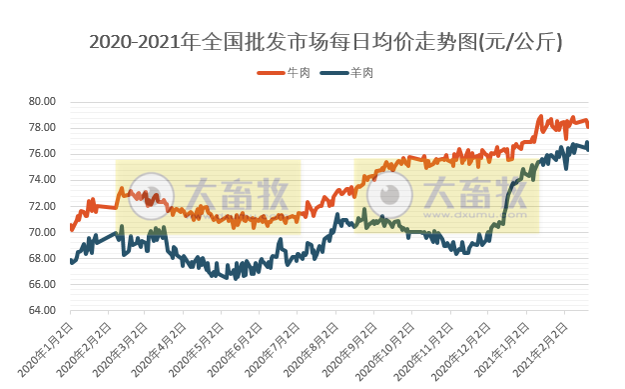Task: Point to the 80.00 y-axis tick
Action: coord(41,102)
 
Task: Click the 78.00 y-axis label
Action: coord(41,128)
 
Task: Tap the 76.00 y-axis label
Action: coord(41,154)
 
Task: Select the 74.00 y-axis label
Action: coord(41,180)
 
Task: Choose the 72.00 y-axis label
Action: coord(41,206)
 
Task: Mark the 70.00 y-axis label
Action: coord(41,232)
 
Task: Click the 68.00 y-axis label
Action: coord(41,258)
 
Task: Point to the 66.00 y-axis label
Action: coord(41,284)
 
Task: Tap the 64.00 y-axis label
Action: coord(41,310)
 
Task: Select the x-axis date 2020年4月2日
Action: coord(161,345)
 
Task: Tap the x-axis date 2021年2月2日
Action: coord(541,345)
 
